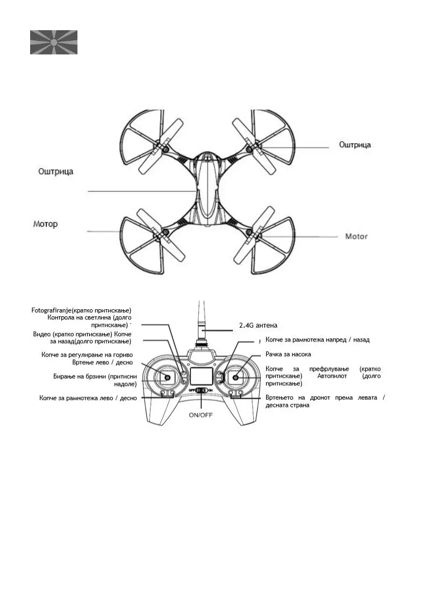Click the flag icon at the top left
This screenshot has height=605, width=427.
(x=54, y=42)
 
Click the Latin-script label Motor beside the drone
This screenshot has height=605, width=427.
(x=356, y=236)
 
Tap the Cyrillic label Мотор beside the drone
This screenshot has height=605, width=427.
(x=45, y=224)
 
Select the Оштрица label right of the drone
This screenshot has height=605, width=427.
(x=354, y=144)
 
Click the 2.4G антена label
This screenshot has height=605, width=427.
(x=258, y=325)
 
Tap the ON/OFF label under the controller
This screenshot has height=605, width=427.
(x=200, y=415)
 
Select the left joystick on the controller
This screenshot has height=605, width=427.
(x=167, y=378)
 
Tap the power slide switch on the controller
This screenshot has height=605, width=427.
(x=201, y=390)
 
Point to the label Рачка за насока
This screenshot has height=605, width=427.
(x=288, y=354)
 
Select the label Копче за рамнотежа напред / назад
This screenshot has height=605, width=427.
(x=317, y=340)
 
